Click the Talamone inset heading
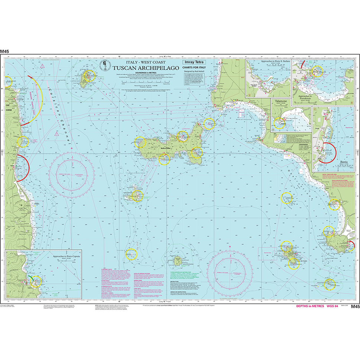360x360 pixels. tap(281, 101)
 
